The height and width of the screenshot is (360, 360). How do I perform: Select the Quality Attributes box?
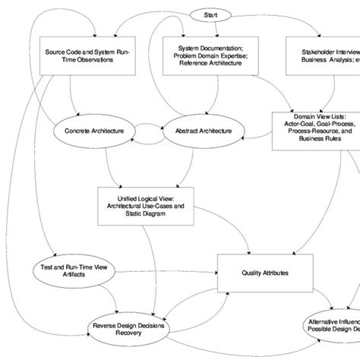point(265,271)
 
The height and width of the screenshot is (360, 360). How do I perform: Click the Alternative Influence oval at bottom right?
point(334,327)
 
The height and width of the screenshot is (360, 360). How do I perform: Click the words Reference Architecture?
point(201,65)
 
